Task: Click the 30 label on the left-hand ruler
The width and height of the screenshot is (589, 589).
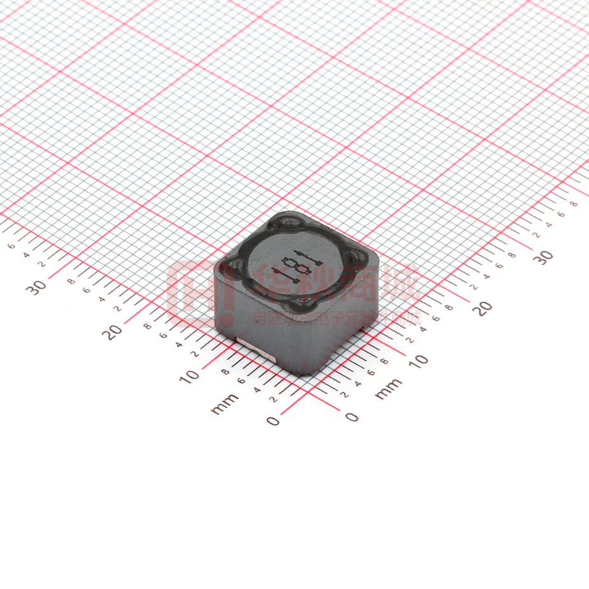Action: (x=37, y=287)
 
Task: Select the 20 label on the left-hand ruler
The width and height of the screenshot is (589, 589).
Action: (x=115, y=332)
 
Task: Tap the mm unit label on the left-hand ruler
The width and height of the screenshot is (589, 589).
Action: (x=224, y=403)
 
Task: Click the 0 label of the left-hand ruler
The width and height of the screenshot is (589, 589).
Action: (x=273, y=420)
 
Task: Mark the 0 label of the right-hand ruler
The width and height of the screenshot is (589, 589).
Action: (x=351, y=417)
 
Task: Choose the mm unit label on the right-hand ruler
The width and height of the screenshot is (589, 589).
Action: (x=388, y=388)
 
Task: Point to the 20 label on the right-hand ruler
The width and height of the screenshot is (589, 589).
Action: (x=484, y=308)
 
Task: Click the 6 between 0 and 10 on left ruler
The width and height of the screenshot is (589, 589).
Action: (x=241, y=381)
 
